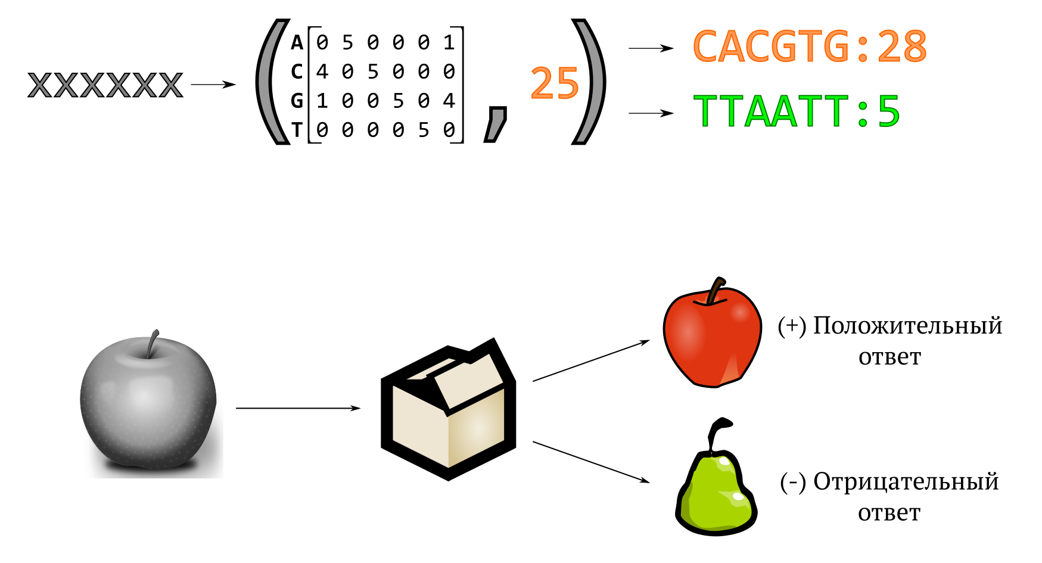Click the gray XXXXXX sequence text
105,85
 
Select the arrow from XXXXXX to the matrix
213,85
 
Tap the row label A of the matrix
297,43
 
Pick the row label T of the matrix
297,130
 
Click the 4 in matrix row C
322,72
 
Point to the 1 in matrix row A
449,43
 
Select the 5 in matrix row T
424,130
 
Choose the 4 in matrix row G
449,101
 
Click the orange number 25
554,83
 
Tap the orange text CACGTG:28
810,46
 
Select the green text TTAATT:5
797,111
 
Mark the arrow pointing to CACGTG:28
651,48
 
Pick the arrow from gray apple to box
298,408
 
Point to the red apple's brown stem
715,291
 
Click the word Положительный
907,326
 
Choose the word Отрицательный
906,481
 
